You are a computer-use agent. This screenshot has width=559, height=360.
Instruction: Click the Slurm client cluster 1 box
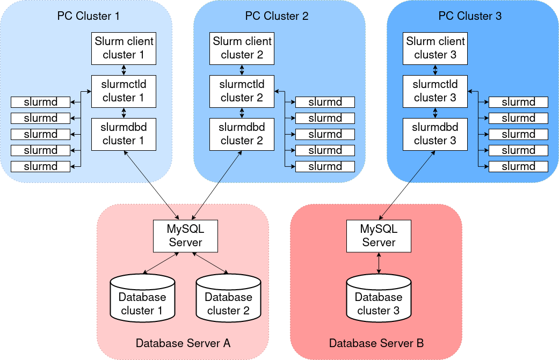pyautogui.click(x=124, y=48)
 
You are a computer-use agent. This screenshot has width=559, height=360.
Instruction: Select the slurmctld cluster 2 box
pyautogui.click(x=242, y=91)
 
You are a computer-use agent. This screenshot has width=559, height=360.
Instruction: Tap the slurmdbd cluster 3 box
pyautogui.click(x=435, y=134)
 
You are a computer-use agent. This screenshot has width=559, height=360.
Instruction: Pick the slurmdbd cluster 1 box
pyautogui.click(x=124, y=134)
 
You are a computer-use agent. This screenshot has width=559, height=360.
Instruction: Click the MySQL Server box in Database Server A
pyautogui.click(x=185, y=236)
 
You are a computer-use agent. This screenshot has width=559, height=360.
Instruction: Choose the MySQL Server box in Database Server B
pyautogui.click(x=379, y=236)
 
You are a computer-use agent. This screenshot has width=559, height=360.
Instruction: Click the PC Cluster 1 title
pyautogui.click(x=89, y=16)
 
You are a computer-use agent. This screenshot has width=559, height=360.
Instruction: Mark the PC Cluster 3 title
pyautogui.click(x=470, y=16)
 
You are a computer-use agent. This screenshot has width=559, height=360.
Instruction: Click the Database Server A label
pyautogui.click(x=183, y=343)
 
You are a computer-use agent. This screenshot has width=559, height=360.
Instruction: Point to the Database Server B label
pyautogui.click(x=376, y=343)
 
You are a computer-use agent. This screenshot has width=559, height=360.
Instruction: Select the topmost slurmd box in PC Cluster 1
pyautogui.click(x=41, y=102)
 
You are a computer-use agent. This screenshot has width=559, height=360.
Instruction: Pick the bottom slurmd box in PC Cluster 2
pyautogui.click(x=325, y=166)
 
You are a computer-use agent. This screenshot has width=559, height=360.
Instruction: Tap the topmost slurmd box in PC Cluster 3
pyautogui.click(x=518, y=102)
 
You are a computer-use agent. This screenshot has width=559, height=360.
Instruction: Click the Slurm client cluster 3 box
pyautogui.click(x=435, y=48)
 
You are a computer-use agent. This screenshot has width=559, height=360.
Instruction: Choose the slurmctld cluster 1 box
pyautogui.click(x=124, y=91)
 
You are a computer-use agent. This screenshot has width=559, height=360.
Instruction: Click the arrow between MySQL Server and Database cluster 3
pyautogui.click(x=380, y=263)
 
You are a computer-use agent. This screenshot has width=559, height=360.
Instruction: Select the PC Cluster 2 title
pyautogui.click(x=277, y=16)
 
